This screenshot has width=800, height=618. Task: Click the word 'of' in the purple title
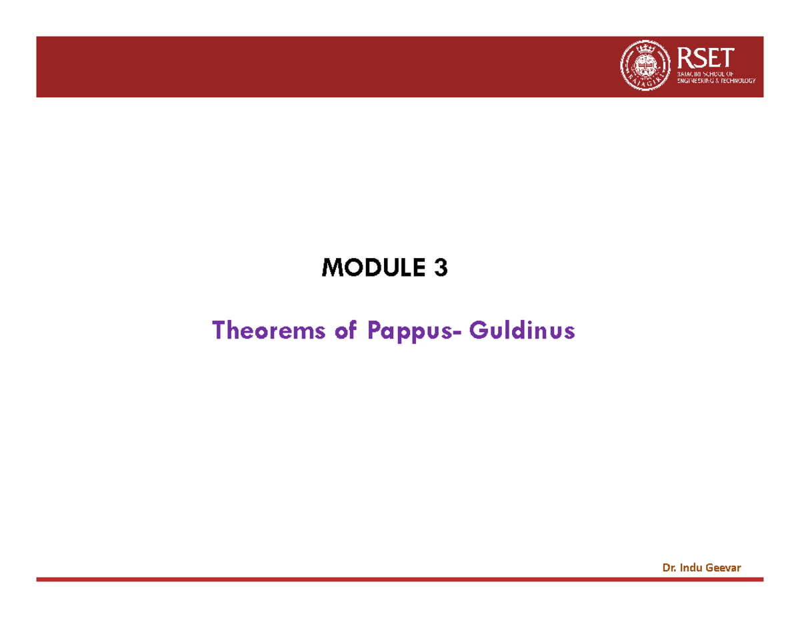click(x=339, y=330)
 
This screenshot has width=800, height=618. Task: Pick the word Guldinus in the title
click(x=521, y=330)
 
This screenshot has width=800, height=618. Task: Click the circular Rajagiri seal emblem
click(x=643, y=66)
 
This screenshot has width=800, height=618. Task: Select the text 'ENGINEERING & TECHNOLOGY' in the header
click(x=716, y=80)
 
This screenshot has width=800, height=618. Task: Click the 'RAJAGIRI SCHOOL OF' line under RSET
click(x=705, y=72)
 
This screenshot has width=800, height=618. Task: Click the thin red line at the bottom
click(x=400, y=580)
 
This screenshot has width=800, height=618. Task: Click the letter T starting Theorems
click(x=219, y=330)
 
